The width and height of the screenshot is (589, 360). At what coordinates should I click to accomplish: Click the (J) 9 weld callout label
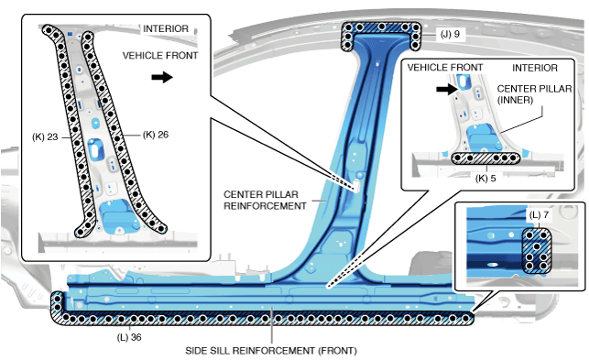pos(450,34)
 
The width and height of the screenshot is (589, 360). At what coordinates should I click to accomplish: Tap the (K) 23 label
pos(45,137)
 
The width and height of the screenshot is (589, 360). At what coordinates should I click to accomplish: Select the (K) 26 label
pos(156,135)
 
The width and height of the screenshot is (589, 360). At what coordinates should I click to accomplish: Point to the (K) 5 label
pos(485,179)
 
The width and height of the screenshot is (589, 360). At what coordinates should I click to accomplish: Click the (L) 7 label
pos(539,215)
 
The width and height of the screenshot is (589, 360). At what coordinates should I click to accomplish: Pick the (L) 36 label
pos(129,337)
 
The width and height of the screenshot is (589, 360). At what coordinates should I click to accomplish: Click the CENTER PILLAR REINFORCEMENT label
pos(265,201)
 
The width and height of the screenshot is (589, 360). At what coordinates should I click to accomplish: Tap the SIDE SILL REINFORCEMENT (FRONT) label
pos(271,351)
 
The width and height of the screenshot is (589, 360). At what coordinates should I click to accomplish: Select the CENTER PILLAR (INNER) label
pos(534,94)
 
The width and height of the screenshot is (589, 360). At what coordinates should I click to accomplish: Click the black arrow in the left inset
pos(162,78)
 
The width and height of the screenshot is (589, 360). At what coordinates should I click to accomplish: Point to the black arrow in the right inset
pos(447,89)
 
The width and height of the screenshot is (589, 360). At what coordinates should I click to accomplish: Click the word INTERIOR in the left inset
pos(166,29)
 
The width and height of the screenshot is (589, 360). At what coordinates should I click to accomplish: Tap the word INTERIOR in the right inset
pos(535,68)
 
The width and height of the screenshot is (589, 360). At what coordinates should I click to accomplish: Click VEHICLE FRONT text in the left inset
pos(160,56)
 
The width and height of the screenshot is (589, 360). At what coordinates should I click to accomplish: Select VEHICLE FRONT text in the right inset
pos(445,68)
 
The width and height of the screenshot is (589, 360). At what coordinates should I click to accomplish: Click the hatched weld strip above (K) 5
pos(485,158)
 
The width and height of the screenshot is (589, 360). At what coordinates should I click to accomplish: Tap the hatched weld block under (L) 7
pos(537,250)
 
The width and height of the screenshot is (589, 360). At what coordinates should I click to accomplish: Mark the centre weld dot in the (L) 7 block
pos(537,246)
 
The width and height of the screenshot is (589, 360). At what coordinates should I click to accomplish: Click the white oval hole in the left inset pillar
pos(96,149)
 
